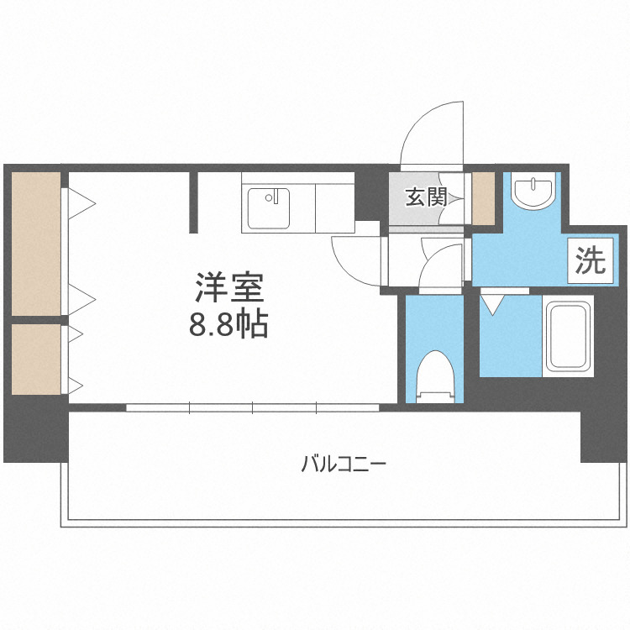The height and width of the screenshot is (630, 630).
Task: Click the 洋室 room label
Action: [229, 288]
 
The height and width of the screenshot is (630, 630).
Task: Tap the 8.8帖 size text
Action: [228, 325]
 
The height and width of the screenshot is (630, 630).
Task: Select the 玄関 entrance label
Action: [425, 198]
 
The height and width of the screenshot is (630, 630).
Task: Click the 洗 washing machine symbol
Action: [590, 262]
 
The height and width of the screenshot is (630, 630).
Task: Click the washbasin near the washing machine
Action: [533, 191]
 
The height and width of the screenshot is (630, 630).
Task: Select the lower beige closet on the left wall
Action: [36, 359]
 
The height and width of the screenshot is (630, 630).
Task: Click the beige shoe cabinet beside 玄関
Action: [483, 198]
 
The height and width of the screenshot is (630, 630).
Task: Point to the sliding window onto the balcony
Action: [253, 408]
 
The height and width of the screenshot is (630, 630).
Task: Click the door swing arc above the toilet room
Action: [441, 267]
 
